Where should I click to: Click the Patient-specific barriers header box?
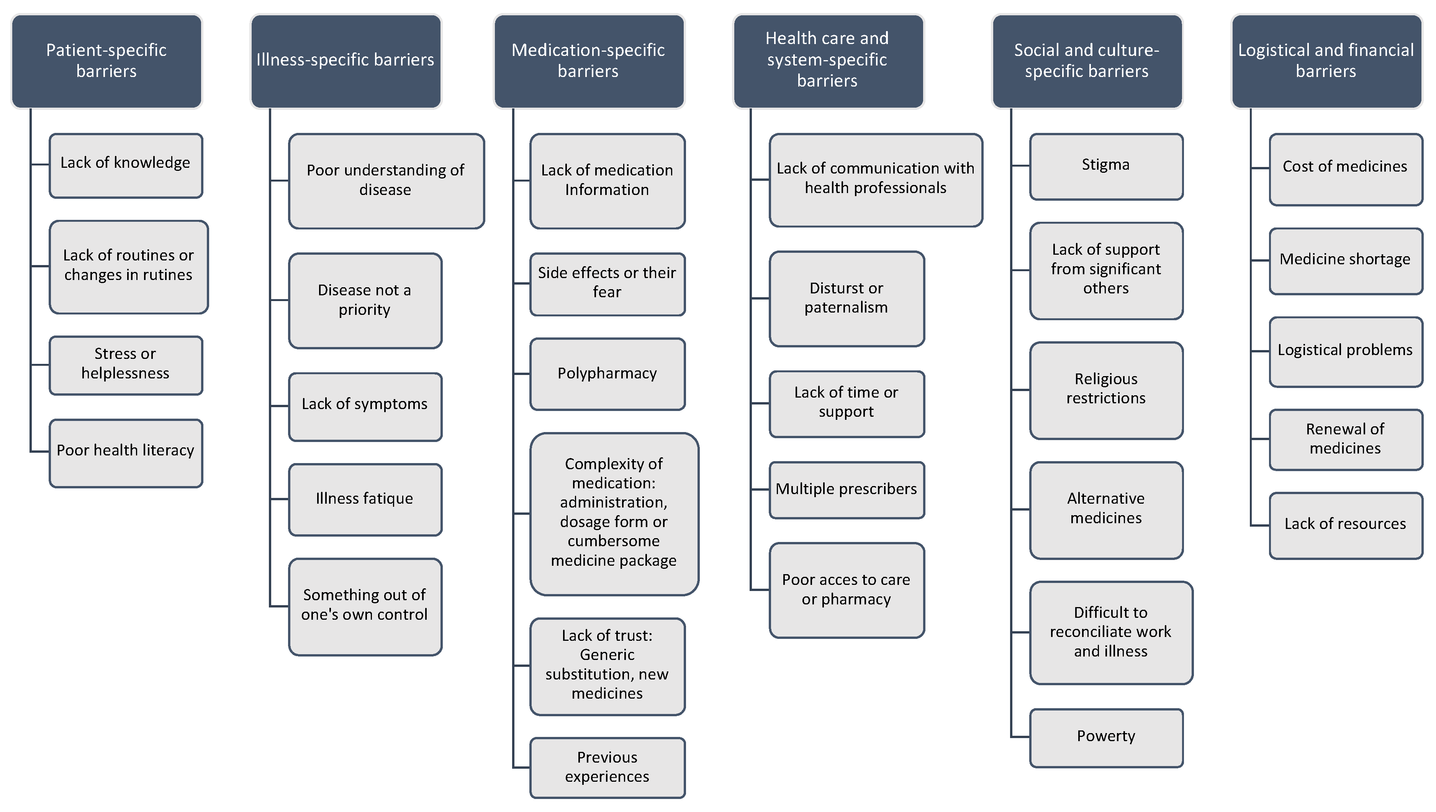click(106, 61)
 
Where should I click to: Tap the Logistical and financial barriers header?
click(1326, 61)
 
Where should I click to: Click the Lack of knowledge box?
click(126, 165)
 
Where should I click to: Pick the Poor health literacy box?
click(126, 453)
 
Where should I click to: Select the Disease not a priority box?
click(365, 301)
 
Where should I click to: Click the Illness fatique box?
click(365, 499)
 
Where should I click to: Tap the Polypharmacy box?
click(607, 374)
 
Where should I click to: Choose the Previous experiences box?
click(607, 768)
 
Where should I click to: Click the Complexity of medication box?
click(614, 513)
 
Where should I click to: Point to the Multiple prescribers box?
click(846, 489)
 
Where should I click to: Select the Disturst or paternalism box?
click(846, 298)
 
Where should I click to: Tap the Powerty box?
click(1105, 737)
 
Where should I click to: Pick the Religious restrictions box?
click(1105, 390)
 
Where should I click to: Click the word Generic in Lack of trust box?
click(607, 655)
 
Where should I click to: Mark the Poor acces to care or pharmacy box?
click(846, 589)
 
